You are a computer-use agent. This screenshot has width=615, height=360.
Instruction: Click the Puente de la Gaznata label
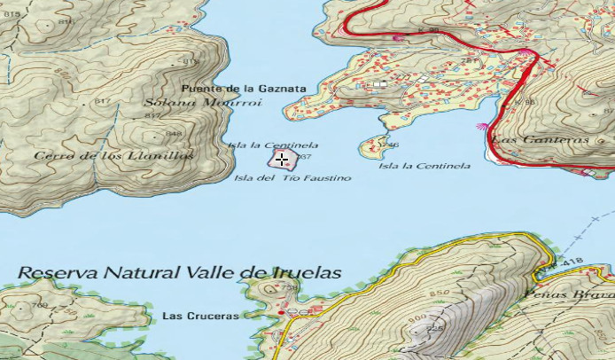pyautogui.click(x=244, y=89)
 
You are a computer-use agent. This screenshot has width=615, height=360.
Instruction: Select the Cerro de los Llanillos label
pyautogui.click(x=113, y=156)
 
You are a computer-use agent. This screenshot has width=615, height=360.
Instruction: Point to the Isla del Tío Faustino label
pyautogui.click(x=292, y=178)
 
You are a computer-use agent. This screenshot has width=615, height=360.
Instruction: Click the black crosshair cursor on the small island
pyautogui.click(x=282, y=160)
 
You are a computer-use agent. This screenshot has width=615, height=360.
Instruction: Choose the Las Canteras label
pyautogui.click(x=540, y=140)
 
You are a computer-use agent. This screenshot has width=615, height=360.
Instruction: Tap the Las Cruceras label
pyautogui.click(x=200, y=316)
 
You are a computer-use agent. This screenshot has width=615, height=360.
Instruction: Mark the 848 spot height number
pyautogui.click(x=174, y=135)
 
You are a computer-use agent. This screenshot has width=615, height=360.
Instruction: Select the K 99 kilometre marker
pyautogui.click(x=428, y=31)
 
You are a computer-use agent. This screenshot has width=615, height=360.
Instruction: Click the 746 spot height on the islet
pyautogui.click(x=392, y=145)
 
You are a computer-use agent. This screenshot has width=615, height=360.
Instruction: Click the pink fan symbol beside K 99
pyautogui.click(x=399, y=37)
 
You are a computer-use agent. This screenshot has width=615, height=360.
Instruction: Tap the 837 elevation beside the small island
pyautogui.click(x=306, y=157)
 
